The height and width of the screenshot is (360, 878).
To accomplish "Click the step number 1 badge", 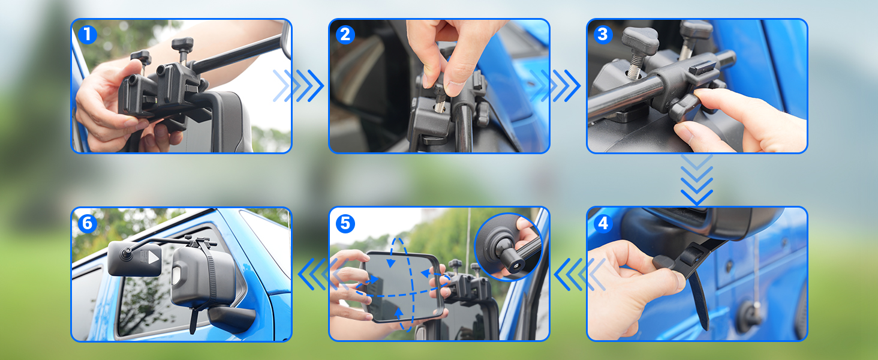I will coord(88,35).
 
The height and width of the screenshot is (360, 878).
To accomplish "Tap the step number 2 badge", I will coord(345,35).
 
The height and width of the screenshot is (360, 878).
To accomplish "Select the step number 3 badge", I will coord(602,35).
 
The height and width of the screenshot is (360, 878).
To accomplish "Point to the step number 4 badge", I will coord(602,223).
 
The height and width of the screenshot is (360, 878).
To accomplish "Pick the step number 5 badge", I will coord(345,223).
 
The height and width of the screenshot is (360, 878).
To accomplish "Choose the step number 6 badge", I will coord(88,223).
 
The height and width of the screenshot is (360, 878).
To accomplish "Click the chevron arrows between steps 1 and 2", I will coord(299,85).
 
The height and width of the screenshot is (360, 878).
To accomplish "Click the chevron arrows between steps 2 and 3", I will coord(556,85).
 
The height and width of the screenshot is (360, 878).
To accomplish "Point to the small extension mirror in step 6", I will coord(134,259).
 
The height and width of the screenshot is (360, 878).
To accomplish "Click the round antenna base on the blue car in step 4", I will coord(750,315).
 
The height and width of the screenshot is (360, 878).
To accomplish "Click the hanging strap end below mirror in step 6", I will coord(193,318).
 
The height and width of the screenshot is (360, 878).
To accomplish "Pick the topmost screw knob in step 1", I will coord(182,43).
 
